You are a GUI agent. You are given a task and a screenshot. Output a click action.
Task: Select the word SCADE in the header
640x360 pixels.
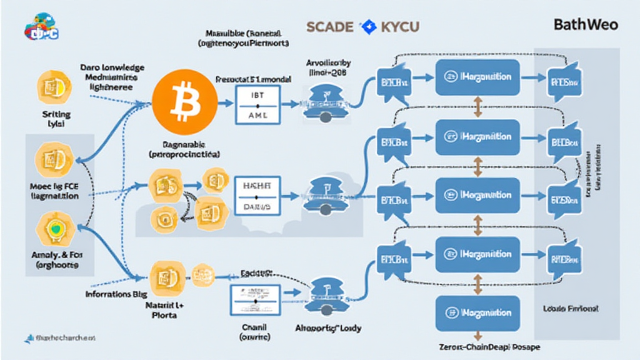tap(331, 27)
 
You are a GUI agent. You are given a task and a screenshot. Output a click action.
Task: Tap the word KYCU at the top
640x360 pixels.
tap(397, 27)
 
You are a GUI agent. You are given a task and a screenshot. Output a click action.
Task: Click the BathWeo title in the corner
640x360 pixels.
tap(586, 25)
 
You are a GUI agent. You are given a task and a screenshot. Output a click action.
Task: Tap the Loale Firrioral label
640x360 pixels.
tap(571, 309)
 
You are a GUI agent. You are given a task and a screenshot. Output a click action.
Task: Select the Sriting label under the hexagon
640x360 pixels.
tap(56, 115)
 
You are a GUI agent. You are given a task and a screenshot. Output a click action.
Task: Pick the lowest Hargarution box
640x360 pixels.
tap(477, 312)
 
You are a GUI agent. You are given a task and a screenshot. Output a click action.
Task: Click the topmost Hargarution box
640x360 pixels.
tap(477, 77)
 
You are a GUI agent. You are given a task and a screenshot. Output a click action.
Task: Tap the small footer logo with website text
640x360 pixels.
tap(59, 338)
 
